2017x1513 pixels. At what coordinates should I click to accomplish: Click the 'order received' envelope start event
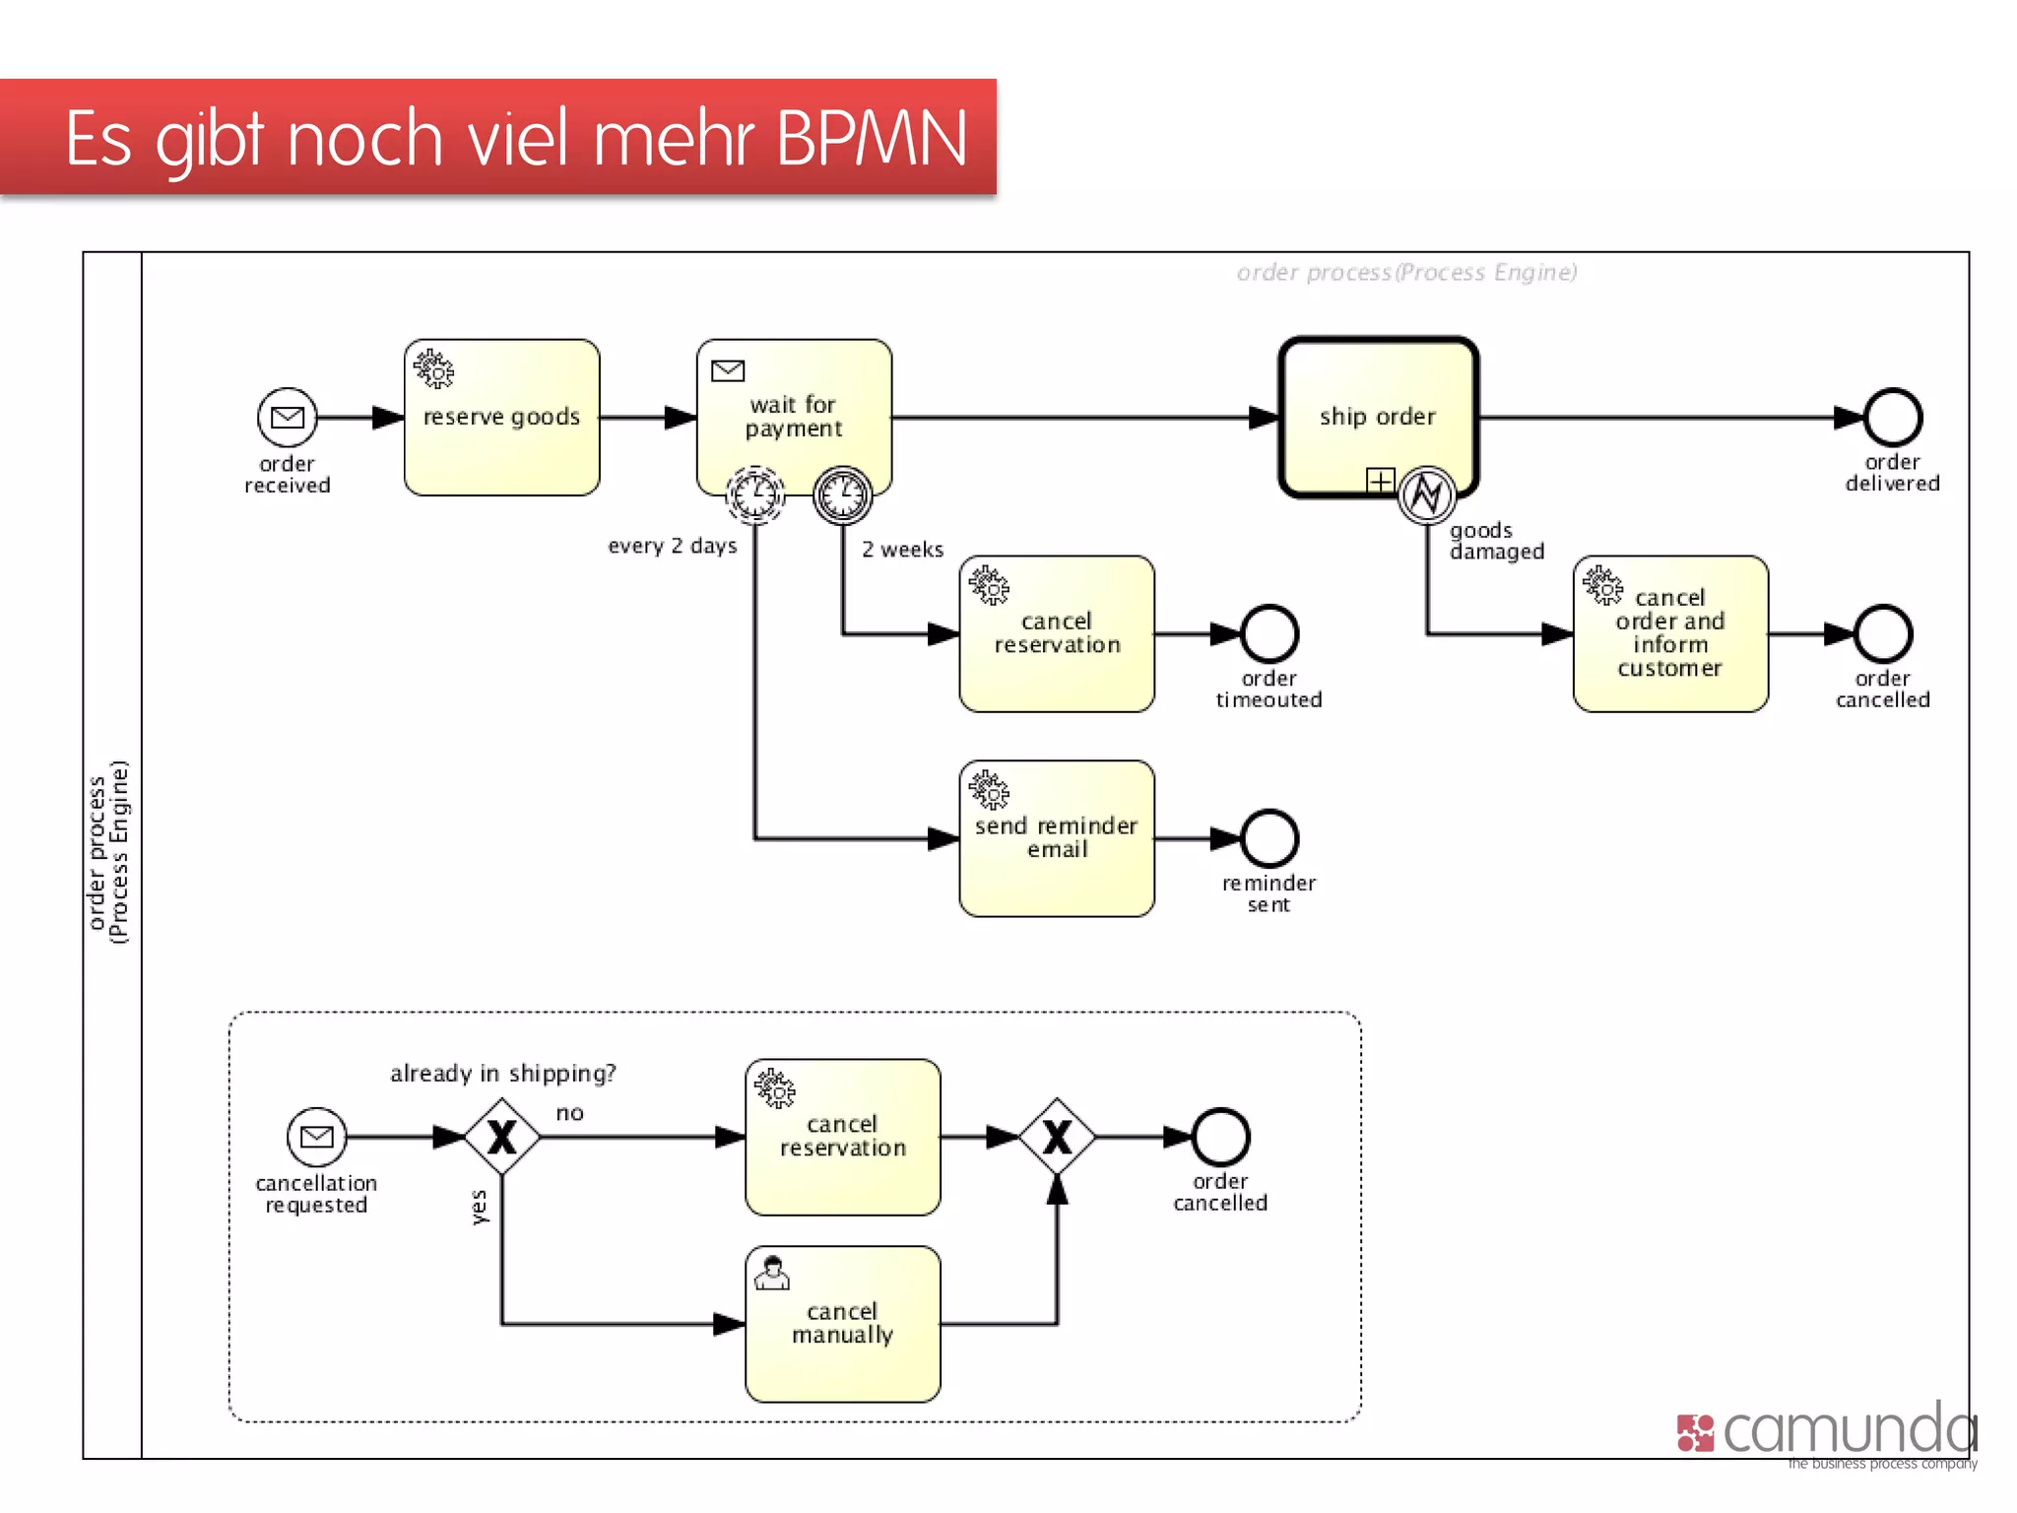[287, 418]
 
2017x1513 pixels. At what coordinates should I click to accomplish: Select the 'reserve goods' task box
[501, 418]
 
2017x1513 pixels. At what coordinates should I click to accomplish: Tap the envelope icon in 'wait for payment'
[728, 370]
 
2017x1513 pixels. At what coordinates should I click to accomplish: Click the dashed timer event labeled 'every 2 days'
[755, 494]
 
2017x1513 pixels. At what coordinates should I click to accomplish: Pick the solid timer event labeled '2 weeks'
[843, 494]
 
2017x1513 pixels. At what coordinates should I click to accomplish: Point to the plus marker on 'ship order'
[1380, 481]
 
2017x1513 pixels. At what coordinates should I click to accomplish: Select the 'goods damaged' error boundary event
[1427, 494]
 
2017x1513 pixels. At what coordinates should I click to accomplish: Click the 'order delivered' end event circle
[1892, 418]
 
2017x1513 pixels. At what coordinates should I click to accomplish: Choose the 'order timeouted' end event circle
[1269, 633]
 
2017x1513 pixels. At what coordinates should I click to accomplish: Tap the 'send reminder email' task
[1057, 838]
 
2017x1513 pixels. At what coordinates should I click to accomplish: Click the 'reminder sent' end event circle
[1269, 838]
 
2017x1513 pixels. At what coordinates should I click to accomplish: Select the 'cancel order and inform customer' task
[1670, 633]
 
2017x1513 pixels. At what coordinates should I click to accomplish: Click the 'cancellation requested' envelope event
[316, 1137]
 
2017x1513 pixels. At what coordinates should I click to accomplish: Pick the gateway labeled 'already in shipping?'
[502, 1137]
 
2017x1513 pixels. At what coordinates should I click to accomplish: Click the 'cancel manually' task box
[843, 1324]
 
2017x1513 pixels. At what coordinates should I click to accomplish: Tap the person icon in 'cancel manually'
[772, 1274]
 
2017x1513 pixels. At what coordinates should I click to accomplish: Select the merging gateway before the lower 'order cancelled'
[1057, 1137]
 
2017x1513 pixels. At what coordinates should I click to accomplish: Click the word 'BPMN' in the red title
[872, 138]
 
